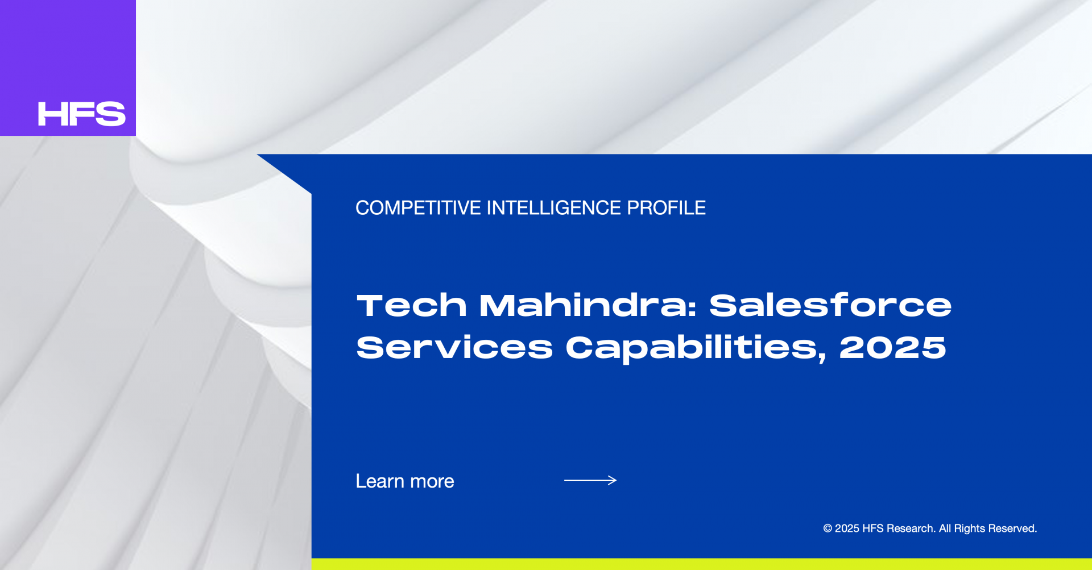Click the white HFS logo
pyautogui.click(x=81, y=114)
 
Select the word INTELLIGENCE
pyautogui.click(x=554, y=208)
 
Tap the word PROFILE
pyautogui.click(x=666, y=208)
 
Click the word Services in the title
pyautogui.click(x=454, y=347)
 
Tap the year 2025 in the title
pyautogui.click(x=892, y=347)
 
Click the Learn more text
pyautogui.click(x=405, y=481)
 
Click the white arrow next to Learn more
pyautogui.click(x=590, y=480)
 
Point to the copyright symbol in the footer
pyautogui.click(x=828, y=529)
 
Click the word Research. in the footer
pyautogui.click(x=911, y=529)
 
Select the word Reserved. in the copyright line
pyautogui.click(x=1012, y=529)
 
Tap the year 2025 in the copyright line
pyautogui.click(x=847, y=529)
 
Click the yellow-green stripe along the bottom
pyautogui.click(x=702, y=564)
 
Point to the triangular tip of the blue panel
pyautogui.click(x=258, y=155)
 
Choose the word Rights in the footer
pyautogui.click(x=969, y=529)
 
